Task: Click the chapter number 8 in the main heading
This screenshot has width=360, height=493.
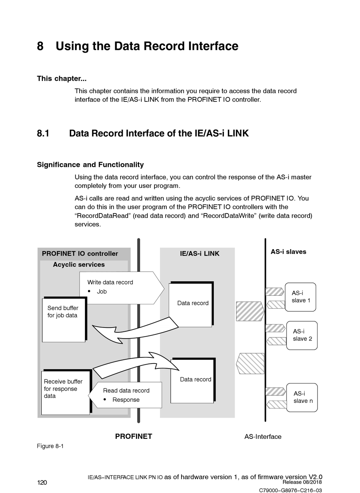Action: coord(40,46)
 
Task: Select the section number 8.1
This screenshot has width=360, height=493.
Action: coord(43,133)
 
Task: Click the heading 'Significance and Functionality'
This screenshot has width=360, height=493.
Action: coord(90,164)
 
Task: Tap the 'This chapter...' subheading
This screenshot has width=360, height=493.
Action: coord(62,78)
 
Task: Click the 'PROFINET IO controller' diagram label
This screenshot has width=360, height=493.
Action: coord(80,254)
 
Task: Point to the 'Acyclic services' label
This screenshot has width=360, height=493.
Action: coord(79,264)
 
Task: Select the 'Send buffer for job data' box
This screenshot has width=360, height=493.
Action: coord(64,320)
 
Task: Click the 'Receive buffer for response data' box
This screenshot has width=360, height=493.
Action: coord(67,392)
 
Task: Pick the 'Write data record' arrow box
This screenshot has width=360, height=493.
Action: coord(122,288)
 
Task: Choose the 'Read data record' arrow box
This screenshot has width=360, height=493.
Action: coord(125,395)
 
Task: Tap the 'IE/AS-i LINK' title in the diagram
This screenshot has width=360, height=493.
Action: coord(200,254)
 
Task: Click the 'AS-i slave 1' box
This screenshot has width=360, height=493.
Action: coord(300,297)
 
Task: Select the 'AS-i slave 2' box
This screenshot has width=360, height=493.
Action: coord(302,335)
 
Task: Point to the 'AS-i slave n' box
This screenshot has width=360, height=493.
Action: coord(302,398)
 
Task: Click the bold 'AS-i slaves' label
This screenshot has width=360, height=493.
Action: coord(288,251)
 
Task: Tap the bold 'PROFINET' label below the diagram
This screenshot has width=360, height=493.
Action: coord(133,436)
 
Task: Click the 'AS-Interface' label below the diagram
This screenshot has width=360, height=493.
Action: coord(263,437)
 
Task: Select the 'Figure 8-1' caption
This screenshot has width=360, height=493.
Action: coord(50,446)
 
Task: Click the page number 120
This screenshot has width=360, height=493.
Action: coord(42,483)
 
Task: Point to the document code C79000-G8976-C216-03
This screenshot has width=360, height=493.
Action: coord(290,490)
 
